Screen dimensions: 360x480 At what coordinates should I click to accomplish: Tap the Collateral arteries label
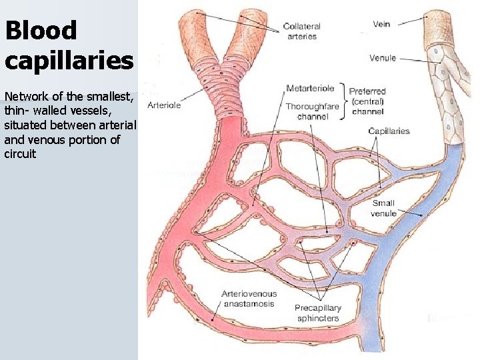pos(302,31)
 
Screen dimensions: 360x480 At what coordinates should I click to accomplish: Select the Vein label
pos(381,24)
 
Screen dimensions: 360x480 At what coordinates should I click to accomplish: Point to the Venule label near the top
pos(383,58)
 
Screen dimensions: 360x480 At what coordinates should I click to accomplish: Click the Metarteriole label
pos(310,88)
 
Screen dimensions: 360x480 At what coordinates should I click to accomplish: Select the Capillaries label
pos(389,131)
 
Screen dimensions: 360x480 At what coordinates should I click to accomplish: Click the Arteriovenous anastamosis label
pos(249,299)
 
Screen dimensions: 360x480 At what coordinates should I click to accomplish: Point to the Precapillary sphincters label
pos(317,313)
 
